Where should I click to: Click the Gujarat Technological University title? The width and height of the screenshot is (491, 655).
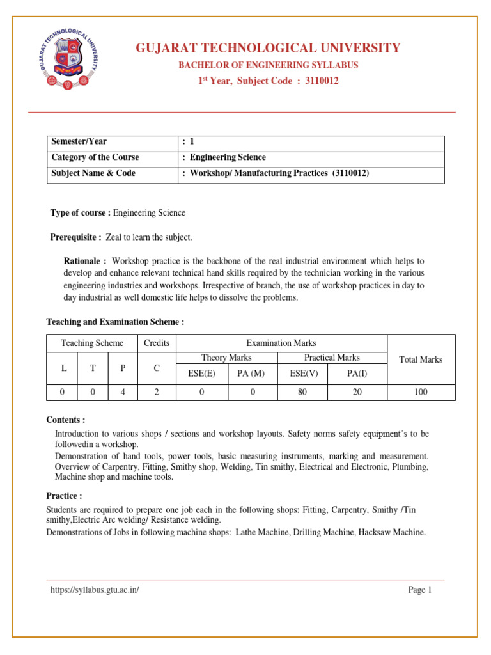point(267,48)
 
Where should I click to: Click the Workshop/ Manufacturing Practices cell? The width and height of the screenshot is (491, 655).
point(276,173)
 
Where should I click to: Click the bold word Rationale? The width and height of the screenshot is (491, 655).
point(86,261)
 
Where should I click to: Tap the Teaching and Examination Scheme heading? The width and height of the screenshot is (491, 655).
point(115,322)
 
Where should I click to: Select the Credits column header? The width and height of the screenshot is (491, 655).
point(157,343)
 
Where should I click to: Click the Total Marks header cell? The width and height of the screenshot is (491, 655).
point(420,359)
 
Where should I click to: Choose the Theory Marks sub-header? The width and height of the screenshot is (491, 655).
point(226,358)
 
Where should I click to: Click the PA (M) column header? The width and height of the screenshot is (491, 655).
point(252,374)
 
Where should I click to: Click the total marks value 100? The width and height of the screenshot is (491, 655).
point(420,392)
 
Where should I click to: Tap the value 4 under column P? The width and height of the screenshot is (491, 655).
point(123,392)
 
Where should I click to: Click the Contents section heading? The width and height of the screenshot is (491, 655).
point(65,420)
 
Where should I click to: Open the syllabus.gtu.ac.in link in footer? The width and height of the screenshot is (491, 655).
point(95,590)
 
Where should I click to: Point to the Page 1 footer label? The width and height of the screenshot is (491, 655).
point(420,590)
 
